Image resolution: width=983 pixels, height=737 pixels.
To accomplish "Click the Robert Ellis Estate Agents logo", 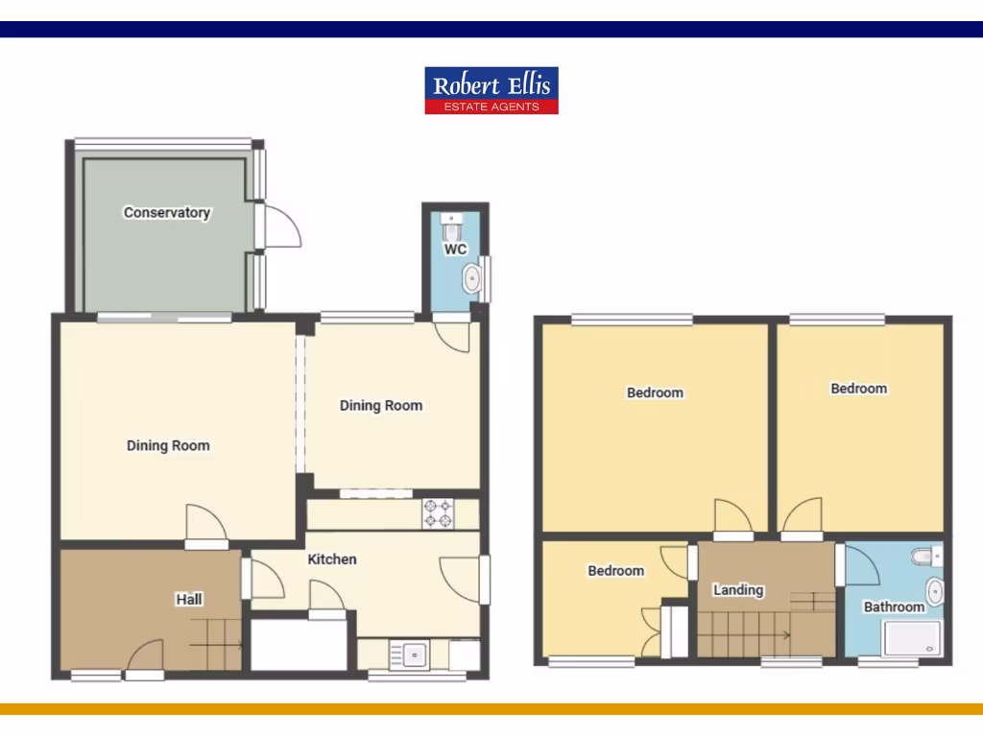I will pos(491,91).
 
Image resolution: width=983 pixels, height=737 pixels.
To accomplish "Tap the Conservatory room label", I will pos(167,212).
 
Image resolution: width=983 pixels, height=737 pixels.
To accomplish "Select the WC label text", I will pos(455,250).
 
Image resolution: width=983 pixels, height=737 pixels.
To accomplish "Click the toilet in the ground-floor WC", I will pos(452,227).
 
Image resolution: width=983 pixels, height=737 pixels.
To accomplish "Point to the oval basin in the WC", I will pos(472,279).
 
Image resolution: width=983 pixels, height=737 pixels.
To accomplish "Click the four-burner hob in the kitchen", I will pos(438,513).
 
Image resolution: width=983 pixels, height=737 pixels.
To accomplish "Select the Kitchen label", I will pos(332,559).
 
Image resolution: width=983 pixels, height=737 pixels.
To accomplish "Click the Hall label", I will pos(189,599).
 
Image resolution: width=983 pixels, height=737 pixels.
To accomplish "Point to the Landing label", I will pos(738,589).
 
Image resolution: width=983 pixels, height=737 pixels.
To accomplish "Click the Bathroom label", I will pos(894,606).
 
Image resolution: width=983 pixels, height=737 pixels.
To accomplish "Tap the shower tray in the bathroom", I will pos(912,638).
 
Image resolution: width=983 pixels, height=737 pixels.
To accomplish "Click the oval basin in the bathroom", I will pos(934,589).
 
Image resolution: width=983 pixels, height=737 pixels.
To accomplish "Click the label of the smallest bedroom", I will pos(616,570).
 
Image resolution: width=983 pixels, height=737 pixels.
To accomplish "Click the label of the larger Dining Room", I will pos(168,445).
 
